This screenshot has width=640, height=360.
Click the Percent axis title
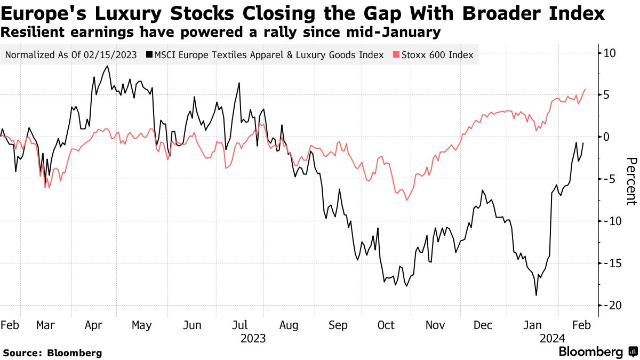631,181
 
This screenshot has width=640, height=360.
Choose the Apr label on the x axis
94,326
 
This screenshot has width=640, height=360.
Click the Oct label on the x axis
386,326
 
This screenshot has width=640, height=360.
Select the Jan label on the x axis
533,326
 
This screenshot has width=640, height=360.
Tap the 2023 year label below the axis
253,338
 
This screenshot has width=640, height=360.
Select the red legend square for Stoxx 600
396,55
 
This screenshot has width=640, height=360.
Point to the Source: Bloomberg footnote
52,353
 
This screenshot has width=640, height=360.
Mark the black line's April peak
108,66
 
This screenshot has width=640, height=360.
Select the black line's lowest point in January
536,295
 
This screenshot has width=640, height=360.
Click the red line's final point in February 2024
585,89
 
